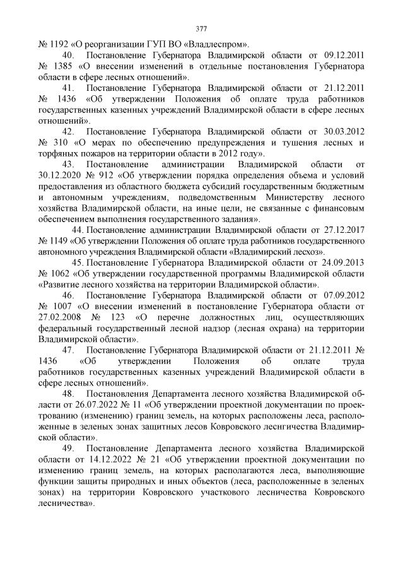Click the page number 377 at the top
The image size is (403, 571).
point(201,28)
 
